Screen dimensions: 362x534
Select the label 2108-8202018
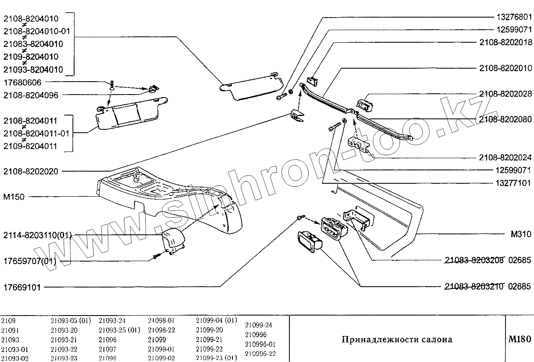506,42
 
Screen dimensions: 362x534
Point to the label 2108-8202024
506,158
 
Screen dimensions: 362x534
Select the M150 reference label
14,197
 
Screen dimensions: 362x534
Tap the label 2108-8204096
31,95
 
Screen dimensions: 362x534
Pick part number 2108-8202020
31,171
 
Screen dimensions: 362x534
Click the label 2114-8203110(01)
37,235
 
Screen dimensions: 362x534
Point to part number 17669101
22,287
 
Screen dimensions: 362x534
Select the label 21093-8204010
33,69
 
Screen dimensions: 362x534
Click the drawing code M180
519,339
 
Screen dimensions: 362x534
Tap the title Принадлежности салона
397,339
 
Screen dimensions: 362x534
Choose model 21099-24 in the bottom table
258,325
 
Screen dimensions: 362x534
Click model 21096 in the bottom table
108,340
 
